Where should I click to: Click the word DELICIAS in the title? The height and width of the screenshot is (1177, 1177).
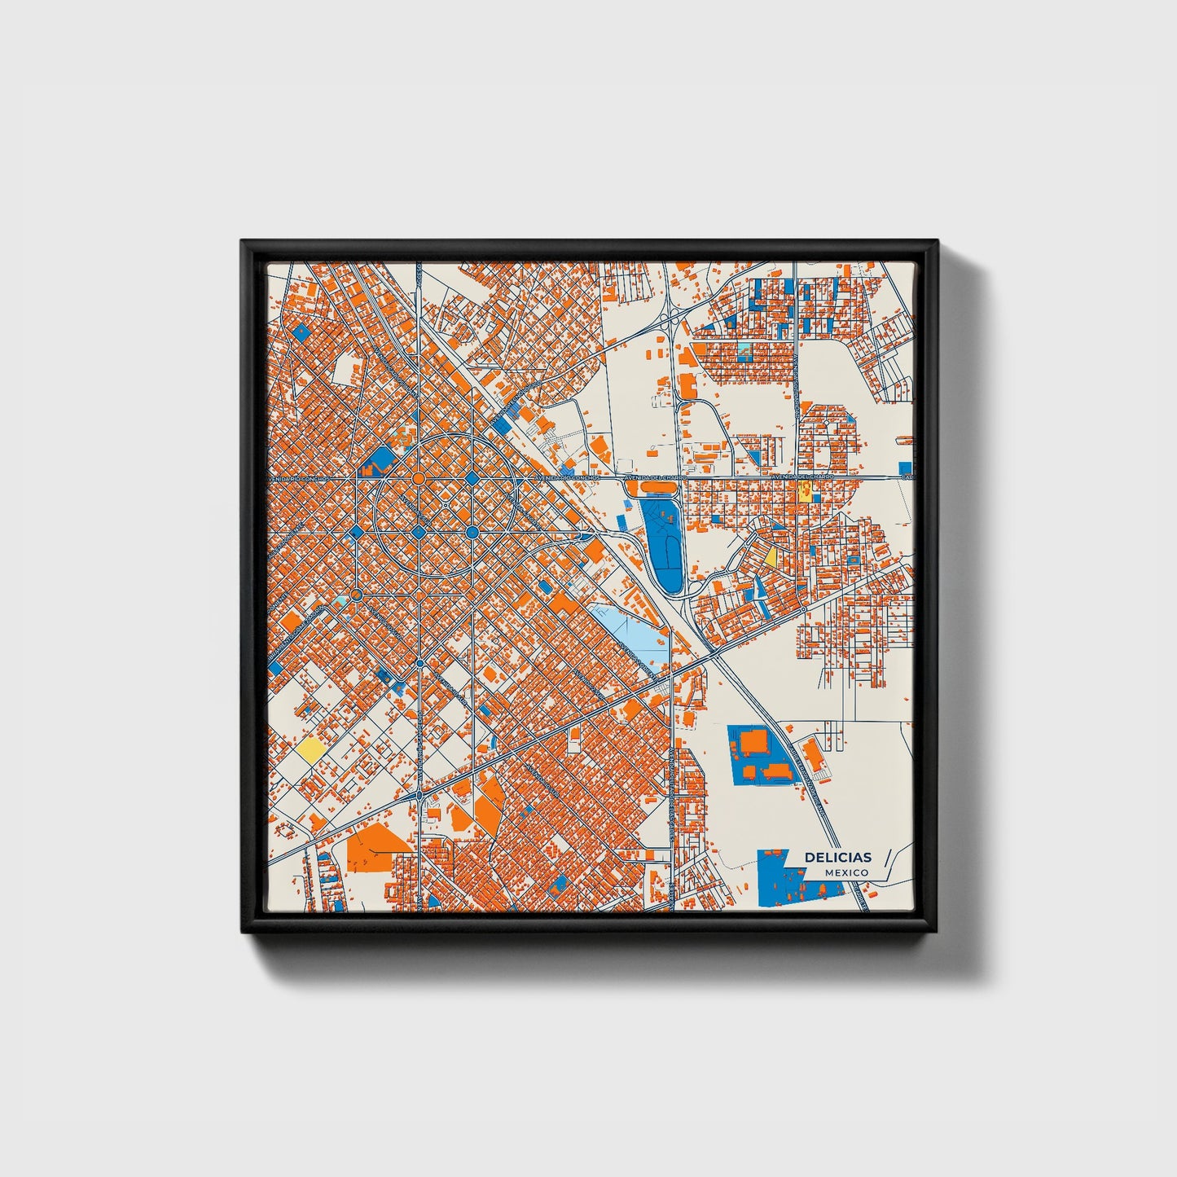tap(837, 857)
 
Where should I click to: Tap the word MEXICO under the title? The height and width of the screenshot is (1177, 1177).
tap(845, 872)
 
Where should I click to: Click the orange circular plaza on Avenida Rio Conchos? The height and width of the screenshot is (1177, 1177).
tap(418, 478)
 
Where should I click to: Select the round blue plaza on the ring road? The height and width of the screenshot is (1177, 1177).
tap(472, 478)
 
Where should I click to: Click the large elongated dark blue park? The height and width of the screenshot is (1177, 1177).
tap(663, 537)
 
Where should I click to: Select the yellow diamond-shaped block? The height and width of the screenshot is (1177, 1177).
tap(771, 557)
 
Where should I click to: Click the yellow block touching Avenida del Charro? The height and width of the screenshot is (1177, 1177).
tap(805, 490)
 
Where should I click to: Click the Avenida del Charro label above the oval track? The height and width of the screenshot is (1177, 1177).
tap(652, 477)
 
